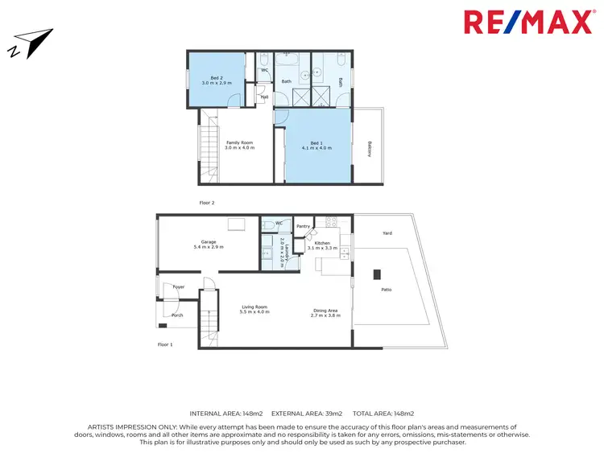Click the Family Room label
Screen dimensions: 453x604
point(239,145)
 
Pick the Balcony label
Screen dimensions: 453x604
point(370,150)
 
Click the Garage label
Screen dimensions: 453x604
point(209,244)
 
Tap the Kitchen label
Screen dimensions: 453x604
point(323,245)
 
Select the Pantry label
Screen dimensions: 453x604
point(303,226)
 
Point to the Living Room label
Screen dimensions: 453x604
point(254,309)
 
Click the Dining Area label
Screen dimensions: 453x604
point(325,313)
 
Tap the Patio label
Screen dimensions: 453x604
point(386,289)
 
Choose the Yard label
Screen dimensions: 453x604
point(387,233)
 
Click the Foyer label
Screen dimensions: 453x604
point(178,286)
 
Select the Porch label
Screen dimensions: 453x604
point(177,315)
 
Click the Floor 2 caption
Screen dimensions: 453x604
point(207,203)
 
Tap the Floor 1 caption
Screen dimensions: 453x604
point(165,344)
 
